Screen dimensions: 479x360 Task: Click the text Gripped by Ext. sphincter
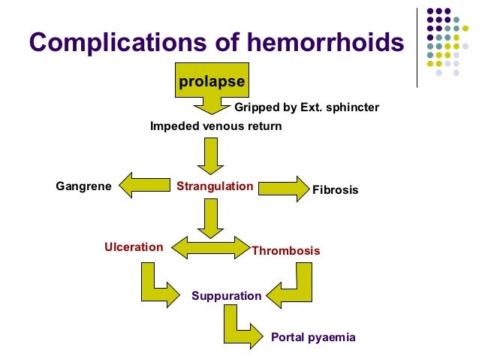tap(307, 107)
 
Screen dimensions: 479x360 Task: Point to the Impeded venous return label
tap(216, 126)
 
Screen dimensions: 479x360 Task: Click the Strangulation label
tap(215, 186)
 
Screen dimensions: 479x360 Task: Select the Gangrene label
tap(83, 186)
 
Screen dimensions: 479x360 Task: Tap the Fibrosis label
tap(335, 190)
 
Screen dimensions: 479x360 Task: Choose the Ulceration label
tap(134, 247)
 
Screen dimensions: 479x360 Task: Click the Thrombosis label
tap(285, 250)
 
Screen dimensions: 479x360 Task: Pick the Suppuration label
tap(226, 295)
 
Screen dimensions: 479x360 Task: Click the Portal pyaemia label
tap(312, 337)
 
